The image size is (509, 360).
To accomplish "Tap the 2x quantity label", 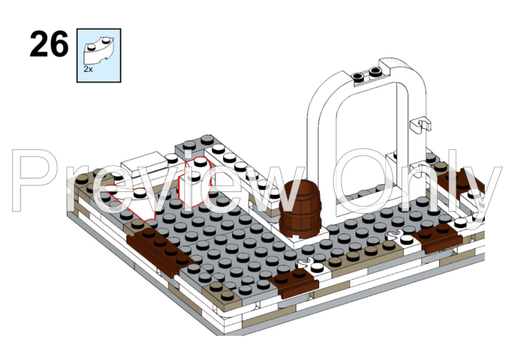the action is click(88, 69).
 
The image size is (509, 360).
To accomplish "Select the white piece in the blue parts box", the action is click(99, 50).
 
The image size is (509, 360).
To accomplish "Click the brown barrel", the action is click(300, 208).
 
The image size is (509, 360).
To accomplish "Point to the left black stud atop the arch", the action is click(357, 77).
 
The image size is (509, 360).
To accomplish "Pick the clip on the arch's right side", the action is click(421, 125).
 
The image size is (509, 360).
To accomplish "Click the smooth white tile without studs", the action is click(143, 163).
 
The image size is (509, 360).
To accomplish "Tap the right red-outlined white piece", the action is click(195, 182).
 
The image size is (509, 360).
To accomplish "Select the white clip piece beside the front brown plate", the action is click(311, 265).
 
